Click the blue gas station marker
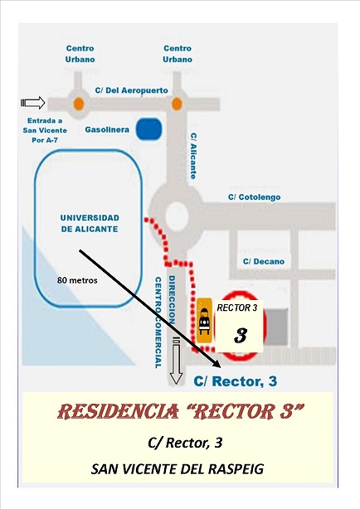pos(148,128)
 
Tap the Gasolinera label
pos(107,129)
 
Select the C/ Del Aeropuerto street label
pos(132,90)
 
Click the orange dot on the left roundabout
pos(79,104)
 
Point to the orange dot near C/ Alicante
pos(177,104)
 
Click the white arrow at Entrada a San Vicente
pos(33,103)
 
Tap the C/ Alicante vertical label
pos(193,156)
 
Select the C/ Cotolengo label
pos(254,197)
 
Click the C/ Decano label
pos(264,261)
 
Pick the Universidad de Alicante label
pos(90,223)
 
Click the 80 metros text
pos(77,280)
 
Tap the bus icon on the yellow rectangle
pos(204,321)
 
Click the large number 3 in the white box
pos(241,336)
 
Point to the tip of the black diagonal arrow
pos(221,367)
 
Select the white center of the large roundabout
pos(177,216)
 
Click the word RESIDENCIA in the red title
pos(118,412)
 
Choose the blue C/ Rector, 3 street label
pos(236,381)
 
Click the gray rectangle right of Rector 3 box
pos(276,327)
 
